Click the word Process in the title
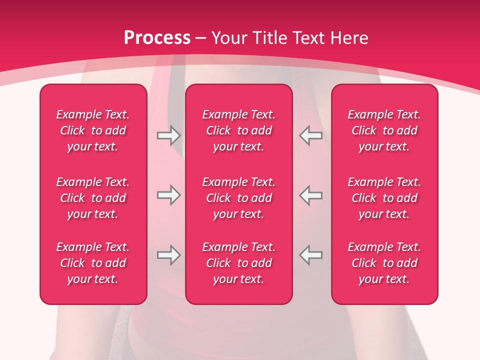pyautogui.click(x=157, y=38)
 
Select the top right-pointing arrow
pyautogui.click(x=168, y=135)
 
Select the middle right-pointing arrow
pyautogui.click(x=168, y=195)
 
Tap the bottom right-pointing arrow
pyautogui.click(x=168, y=255)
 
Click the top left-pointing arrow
pyautogui.click(x=310, y=135)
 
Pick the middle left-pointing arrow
pyautogui.click(x=310, y=195)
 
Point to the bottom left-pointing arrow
pyautogui.click(x=310, y=255)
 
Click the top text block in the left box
pyautogui.click(x=93, y=130)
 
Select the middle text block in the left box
pyautogui.click(x=93, y=198)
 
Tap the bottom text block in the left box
pyautogui.click(x=93, y=263)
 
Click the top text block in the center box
pyautogui.click(x=238, y=130)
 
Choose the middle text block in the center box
pyautogui.click(x=238, y=198)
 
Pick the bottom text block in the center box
pyautogui.click(x=238, y=263)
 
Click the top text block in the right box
pyautogui.click(x=384, y=130)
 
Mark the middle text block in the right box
pyautogui.click(x=384, y=198)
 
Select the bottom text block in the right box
pyautogui.click(x=384, y=263)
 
